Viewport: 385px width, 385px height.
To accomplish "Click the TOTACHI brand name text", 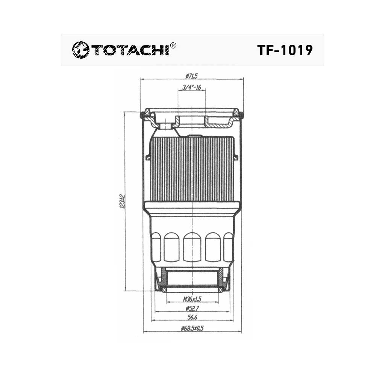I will coord(129,50).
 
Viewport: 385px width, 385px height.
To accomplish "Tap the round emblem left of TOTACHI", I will coord(80,50).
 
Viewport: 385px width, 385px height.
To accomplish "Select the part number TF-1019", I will coord(285,50).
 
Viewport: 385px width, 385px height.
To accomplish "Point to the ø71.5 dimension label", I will coord(191,76).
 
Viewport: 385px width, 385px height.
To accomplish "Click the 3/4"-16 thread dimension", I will coord(192,87).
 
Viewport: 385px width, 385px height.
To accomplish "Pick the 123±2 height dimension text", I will coord(121,202).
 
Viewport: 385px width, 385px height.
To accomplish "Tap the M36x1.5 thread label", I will coord(192,299).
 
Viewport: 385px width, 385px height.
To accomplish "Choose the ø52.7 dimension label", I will coord(192,309).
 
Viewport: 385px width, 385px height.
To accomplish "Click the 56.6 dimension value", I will coord(192,318).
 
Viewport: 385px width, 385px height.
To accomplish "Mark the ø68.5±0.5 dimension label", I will coord(192,328).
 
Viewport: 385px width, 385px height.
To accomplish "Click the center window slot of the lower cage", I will coord(192,247).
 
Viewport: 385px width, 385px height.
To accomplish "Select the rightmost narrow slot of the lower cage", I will coord(228,247).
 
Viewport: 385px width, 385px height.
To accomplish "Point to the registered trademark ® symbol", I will coord(173,45).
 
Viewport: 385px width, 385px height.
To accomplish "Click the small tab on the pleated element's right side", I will coord(236,157).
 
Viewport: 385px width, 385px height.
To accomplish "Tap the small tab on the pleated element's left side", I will coord(148,157).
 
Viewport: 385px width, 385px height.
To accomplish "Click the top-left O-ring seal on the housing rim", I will coord(142,115).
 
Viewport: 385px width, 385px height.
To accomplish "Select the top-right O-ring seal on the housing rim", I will coord(241,115).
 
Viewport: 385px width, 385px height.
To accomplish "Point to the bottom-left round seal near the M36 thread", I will coord(164,290).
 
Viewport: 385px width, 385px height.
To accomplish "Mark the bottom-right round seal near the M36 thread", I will coord(221,290).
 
